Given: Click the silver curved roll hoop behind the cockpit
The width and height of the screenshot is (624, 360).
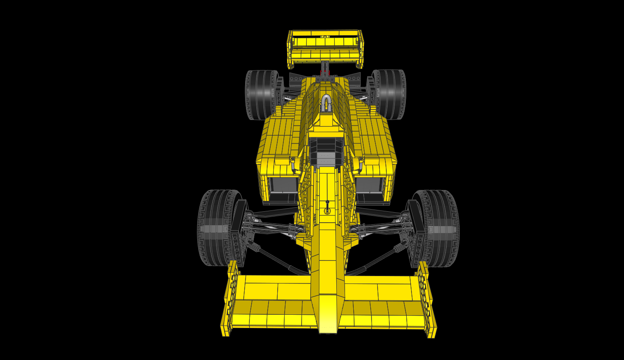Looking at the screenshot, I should pos(326,103).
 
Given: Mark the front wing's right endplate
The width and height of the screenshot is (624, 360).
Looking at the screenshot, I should pos(426,300).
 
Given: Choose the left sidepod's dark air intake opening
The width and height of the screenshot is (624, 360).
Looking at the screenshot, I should pos(283,185).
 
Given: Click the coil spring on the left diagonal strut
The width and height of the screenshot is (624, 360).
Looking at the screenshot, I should pos(254,247).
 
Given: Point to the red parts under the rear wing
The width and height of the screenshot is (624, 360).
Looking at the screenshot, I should pos(325,71).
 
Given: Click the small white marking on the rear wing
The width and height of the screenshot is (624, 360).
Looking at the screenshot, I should pos(325,37).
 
